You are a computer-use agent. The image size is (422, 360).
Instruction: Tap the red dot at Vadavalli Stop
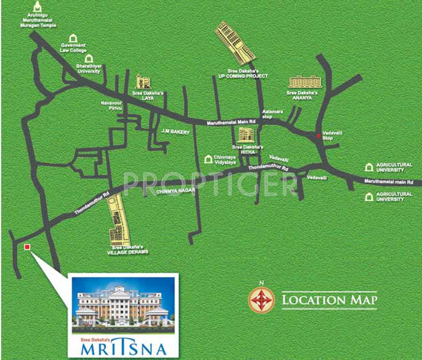click(x=319, y=136)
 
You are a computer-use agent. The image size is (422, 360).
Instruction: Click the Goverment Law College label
click(x=74, y=48)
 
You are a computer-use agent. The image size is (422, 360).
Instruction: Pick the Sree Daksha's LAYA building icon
click(x=143, y=82)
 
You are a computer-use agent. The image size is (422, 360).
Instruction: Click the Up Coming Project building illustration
click(x=235, y=43)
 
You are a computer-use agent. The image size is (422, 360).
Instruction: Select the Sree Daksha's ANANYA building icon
click(x=306, y=82)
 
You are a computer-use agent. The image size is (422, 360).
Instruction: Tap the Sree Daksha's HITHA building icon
click(x=245, y=135)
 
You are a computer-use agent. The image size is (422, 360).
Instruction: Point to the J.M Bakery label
click(x=175, y=132)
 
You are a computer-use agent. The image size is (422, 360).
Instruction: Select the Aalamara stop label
click(x=267, y=114)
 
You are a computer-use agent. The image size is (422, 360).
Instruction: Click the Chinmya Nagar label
click(x=175, y=191)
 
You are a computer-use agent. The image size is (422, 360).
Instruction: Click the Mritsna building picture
click(x=123, y=305)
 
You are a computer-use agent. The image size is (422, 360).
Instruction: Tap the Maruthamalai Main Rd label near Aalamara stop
click(x=234, y=123)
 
